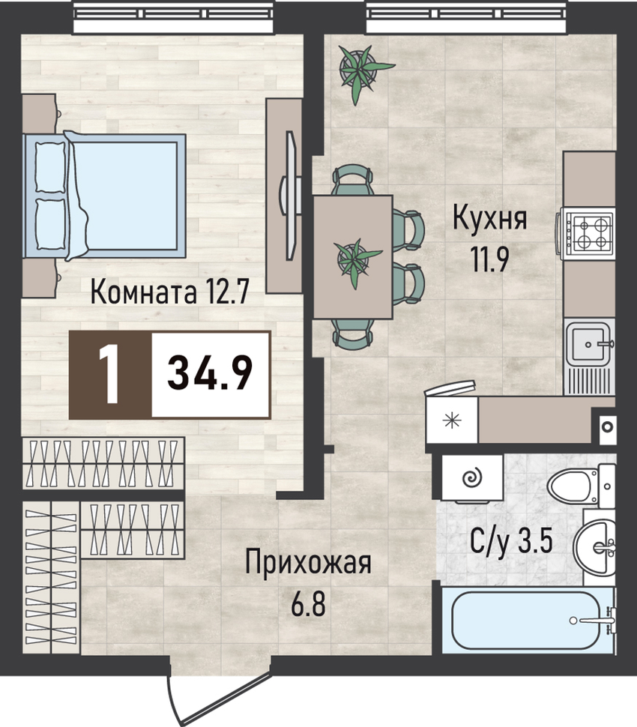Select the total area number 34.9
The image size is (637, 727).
210,374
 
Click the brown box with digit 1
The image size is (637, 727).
110,375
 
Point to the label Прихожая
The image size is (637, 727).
308,562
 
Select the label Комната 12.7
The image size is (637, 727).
169,292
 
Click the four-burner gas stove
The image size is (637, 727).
587,233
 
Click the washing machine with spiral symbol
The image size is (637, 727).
472,478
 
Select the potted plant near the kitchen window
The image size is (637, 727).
362,70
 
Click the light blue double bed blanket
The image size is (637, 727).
125,196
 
